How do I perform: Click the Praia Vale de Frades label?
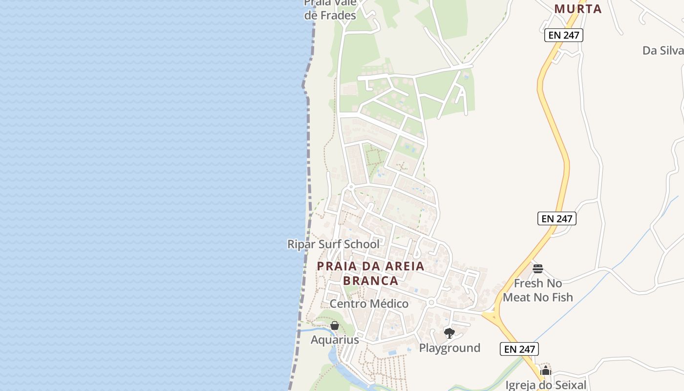point(330,9)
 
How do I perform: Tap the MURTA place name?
point(578,9)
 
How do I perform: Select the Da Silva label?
point(663,50)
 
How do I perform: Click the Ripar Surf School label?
point(333,244)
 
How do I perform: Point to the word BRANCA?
point(371,281)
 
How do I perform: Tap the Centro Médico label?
point(369,304)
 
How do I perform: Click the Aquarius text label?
point(335,340)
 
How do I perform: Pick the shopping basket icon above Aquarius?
point(335,326)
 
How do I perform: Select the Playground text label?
point(449,348)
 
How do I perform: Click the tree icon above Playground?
point(449,333)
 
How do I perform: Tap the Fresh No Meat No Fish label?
point(538,290)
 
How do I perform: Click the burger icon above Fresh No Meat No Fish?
point(538,269)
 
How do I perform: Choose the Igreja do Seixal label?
point(546,385)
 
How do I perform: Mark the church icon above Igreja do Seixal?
point(546,371)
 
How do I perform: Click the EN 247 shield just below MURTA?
point(564,35)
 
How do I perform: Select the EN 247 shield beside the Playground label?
point(519,349)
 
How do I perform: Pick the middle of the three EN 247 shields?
point(557,218)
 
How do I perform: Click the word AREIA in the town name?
point(402,266)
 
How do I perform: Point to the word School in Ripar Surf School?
point(362,244)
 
